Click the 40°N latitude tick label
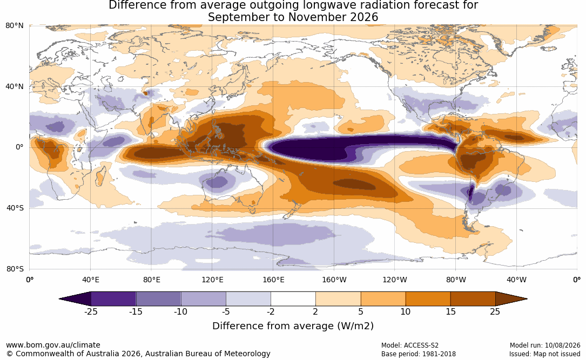[15, 87]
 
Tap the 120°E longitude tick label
[212, 280]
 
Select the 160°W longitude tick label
[334, 280]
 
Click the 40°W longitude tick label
[516, 280]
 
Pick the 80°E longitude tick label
[151, 280]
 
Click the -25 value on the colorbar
[91, 312]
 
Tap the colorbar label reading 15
[451, 312]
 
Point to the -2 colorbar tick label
[271, 312]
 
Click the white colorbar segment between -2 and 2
[293, 299]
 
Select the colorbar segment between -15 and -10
[158, 299]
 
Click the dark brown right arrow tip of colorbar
[527, 299]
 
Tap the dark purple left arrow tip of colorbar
[60, 299]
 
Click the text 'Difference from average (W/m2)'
[293, 326]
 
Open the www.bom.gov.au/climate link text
[53, 345]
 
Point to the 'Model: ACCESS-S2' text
[410, 345]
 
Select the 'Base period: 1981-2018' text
[419, 354]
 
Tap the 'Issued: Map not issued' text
[545, 354]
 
